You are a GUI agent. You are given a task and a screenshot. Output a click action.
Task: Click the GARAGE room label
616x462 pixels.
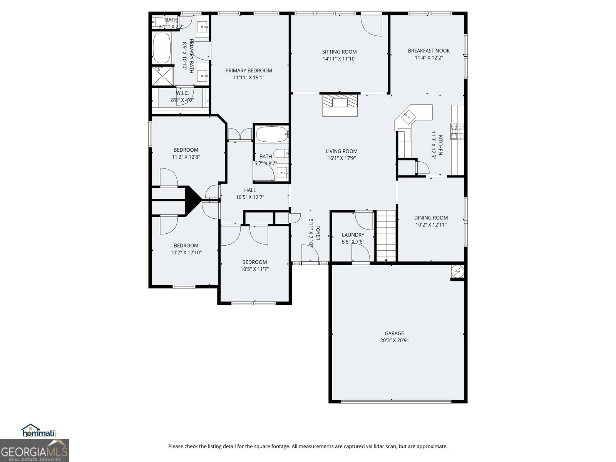pos(394,333)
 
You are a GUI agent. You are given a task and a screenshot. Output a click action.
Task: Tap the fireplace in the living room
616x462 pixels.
pos(340,105)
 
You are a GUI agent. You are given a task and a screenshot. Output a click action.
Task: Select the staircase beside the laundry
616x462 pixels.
pos(386,236)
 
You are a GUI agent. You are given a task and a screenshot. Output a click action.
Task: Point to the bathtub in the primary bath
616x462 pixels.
pos(162,48)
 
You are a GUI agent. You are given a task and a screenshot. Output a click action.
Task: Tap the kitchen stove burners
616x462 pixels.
pos(457,131)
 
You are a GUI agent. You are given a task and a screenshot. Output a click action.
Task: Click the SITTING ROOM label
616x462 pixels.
pos(339,52)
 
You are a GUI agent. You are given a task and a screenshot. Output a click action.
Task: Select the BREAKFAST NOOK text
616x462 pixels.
pos(429,50)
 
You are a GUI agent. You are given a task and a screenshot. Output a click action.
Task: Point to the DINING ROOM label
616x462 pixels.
pos(431,218)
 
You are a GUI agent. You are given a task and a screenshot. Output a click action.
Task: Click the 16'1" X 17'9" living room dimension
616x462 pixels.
pos(341,158)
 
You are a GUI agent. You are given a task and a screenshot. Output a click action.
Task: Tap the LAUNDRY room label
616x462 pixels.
pos(353,235)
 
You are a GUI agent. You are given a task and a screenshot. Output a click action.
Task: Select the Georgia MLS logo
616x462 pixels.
pos(34,450)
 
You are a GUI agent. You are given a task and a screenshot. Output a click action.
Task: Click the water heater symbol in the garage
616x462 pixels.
pos(457,271)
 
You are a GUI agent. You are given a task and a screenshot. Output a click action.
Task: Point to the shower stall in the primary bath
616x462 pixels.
pos(162,76)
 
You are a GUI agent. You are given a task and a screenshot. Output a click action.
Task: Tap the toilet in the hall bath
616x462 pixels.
pos(281,154)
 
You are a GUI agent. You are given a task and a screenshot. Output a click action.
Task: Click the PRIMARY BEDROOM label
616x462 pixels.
pos(249,70)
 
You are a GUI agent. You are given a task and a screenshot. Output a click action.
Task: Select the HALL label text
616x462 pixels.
pos(250,190)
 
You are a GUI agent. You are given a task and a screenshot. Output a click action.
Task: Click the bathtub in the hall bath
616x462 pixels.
pos(272,134)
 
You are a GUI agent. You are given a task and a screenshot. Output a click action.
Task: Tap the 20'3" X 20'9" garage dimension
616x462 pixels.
pos(394,341)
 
